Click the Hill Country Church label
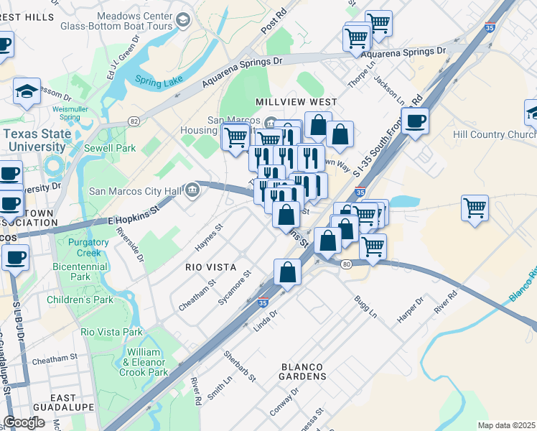click(x=494, y=134)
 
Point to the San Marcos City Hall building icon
click(x=192, y=190)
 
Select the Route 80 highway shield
click(x=347, y=265)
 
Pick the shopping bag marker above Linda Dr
click(x=287, y=273)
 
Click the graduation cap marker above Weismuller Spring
click(x=27, y=91)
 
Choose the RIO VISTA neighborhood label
click(x=210, y=267)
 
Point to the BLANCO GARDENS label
click(x=304, y=376)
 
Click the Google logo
click(x=24, y=422)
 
